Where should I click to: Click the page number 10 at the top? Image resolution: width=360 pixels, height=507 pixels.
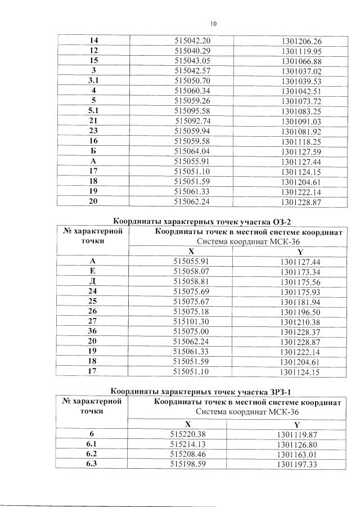tap(213, 24)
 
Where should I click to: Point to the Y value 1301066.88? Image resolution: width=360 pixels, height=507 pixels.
tap(301, 61)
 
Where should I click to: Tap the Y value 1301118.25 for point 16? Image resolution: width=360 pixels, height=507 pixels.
tap(301, 141)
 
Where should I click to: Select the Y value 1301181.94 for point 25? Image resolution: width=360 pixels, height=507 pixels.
tap(301, 302)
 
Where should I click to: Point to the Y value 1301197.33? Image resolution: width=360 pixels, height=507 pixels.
tap(298, 464)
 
